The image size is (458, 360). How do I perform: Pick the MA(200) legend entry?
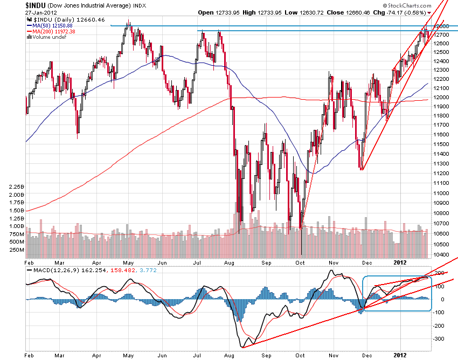[x=46, y=31]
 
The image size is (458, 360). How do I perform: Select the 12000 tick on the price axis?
[x=443, y=97]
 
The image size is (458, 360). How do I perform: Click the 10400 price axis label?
[x=443, y=254]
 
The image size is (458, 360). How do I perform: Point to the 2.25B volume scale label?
[x=17, y=186]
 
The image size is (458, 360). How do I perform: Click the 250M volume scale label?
[x=17, y=250]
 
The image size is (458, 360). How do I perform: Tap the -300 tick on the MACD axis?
[x=439, y=339]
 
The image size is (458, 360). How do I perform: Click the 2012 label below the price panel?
[x=399, y=261]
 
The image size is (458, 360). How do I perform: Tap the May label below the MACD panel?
[x=129, y=356]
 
